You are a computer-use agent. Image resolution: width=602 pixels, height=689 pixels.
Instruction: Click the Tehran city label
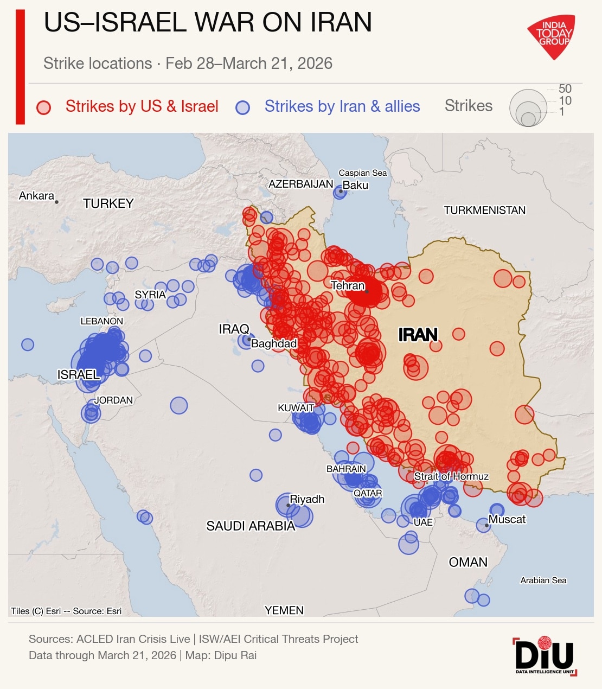tap(348, 285)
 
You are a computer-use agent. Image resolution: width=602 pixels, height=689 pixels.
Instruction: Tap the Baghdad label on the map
tap(274, 343)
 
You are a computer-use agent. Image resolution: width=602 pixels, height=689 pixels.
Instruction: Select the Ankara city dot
tap(56, 202)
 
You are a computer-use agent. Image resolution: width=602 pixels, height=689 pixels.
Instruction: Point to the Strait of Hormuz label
tap(451, 476)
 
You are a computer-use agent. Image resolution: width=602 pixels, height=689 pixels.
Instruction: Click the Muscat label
tap(507, 519)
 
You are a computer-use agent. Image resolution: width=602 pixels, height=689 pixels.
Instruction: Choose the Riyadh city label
tap(307, 499)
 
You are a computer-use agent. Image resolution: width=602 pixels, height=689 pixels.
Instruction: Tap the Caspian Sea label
tap(363, 173)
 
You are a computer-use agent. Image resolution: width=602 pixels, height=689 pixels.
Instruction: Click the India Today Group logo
tap(552, 36)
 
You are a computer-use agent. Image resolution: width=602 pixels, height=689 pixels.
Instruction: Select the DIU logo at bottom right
tap(545, 656)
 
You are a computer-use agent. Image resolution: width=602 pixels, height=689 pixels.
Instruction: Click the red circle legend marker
tap(43, 107)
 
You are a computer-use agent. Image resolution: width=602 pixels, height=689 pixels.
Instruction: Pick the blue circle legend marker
tap(242, 107)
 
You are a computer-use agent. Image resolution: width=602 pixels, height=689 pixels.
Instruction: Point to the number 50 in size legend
tap(565, 88)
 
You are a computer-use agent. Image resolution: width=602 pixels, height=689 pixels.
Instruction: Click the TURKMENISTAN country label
tap(484, 210)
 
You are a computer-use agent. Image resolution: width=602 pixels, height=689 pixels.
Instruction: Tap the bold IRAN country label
tap(418, 335)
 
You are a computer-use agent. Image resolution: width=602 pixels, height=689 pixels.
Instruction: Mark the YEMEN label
tap(284, 610)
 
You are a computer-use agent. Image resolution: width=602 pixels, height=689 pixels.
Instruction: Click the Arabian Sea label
tap(543, 580)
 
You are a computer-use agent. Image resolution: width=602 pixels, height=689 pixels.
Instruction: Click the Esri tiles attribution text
tap(66, 611)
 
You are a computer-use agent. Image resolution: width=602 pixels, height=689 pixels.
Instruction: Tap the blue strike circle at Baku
tap(340, 192)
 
